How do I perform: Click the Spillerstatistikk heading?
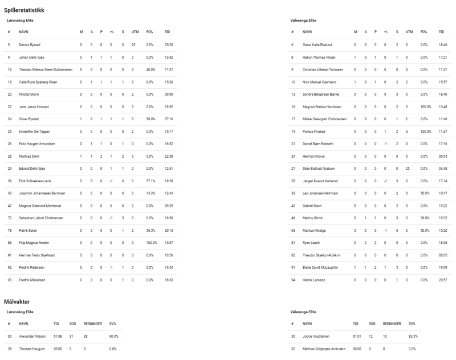(25, 10)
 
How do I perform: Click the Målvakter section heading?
(18, 301)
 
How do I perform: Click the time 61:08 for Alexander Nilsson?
(56, 337)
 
